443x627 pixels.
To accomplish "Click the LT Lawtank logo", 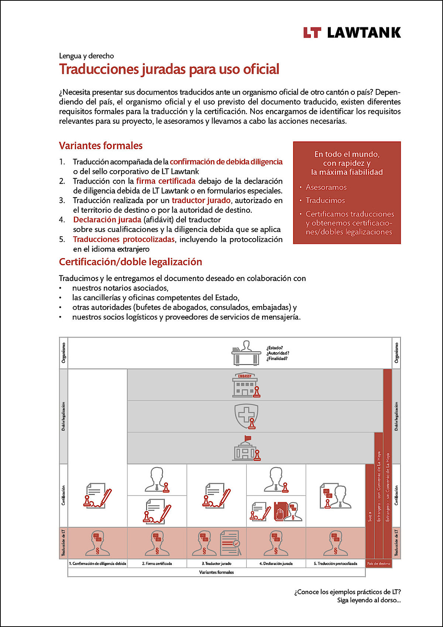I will pos(352,32).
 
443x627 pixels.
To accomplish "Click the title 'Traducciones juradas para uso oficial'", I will pos(169,69).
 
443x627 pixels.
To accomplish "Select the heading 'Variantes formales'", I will pos(100,145).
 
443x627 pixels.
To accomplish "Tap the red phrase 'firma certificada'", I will pos(166,181).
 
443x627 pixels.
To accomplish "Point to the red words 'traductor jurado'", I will pos(201,201).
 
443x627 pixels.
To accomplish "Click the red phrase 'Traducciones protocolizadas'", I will pos(124,239).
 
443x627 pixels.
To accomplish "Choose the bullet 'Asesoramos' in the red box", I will pos(326,187).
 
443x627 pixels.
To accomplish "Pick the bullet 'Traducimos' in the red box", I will pos(325,201).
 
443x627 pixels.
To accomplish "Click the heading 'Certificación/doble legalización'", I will pos(131,262).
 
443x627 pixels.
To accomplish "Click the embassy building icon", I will pos(245,385).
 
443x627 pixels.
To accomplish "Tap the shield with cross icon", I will pos(246,416).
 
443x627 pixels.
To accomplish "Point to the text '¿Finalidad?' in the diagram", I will pos(277,359).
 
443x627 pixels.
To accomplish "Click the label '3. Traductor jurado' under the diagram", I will pos(217,563).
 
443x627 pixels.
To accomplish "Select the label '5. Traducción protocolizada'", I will pos(336,563).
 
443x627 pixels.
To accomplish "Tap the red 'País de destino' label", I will pos(378,563).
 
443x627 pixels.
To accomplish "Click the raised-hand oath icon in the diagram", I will pos(280,512).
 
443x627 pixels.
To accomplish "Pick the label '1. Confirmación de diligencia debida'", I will pos(97,563).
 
